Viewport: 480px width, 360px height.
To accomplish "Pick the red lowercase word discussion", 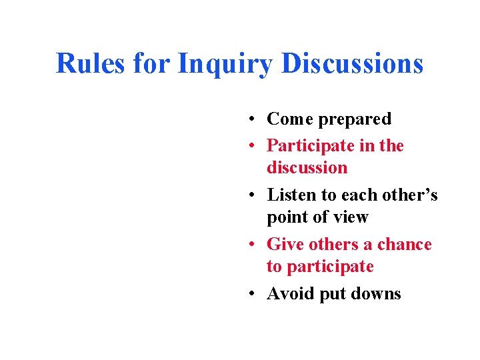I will [307, 167].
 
